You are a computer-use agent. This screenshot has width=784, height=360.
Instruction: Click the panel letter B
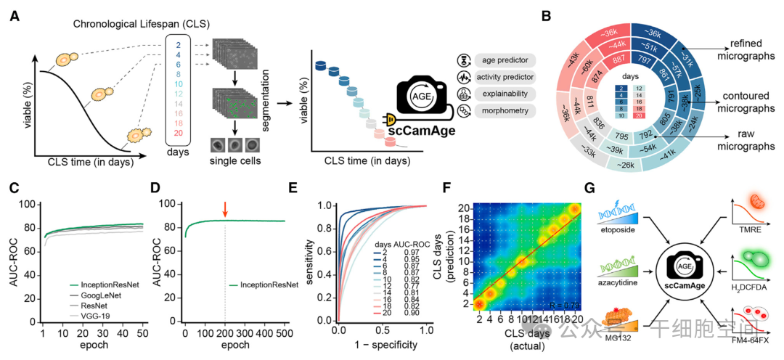tap(555, 15)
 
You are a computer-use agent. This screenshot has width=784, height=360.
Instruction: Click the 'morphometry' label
tap(505, 111)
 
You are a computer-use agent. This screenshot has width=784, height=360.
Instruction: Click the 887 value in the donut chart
tap(619, 60)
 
